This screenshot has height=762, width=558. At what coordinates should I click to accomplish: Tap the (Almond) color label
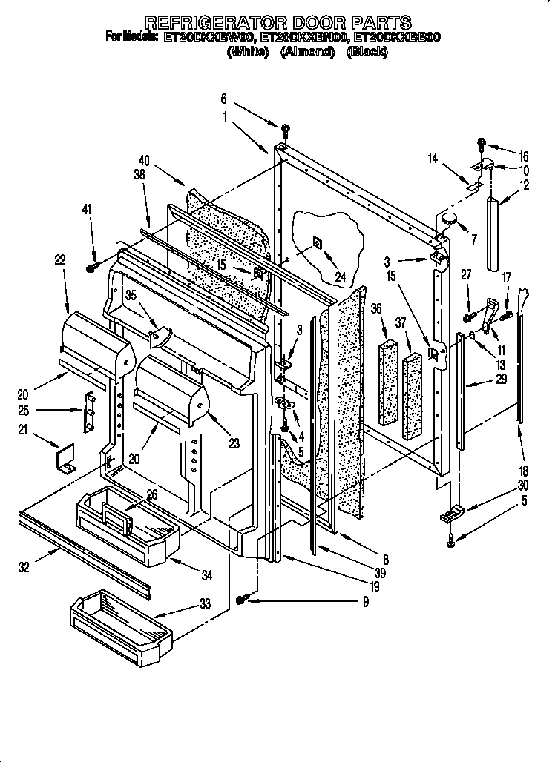307,51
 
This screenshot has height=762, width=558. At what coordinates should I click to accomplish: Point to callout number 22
59,259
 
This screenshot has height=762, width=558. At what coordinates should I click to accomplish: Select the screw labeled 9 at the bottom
243,599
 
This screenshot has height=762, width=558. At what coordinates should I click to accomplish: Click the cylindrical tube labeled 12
494,233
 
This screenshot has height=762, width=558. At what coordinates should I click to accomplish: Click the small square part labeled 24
317,242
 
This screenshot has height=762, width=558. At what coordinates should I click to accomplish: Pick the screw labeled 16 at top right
481,142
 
